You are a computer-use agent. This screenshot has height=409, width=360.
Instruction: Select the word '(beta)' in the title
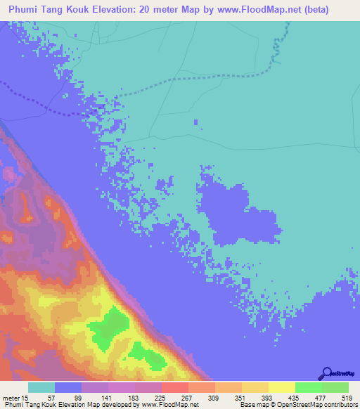tap(330, 11)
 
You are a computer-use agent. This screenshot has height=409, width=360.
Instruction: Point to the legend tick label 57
tap(51, 398)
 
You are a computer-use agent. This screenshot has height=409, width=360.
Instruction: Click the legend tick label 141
tap(105, 398)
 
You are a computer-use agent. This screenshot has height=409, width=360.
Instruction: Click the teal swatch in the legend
tap(41, 387)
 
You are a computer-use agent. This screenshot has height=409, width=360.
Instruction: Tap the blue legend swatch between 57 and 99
tap(68, 387)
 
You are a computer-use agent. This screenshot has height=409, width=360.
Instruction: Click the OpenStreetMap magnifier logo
tap(326, 374)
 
